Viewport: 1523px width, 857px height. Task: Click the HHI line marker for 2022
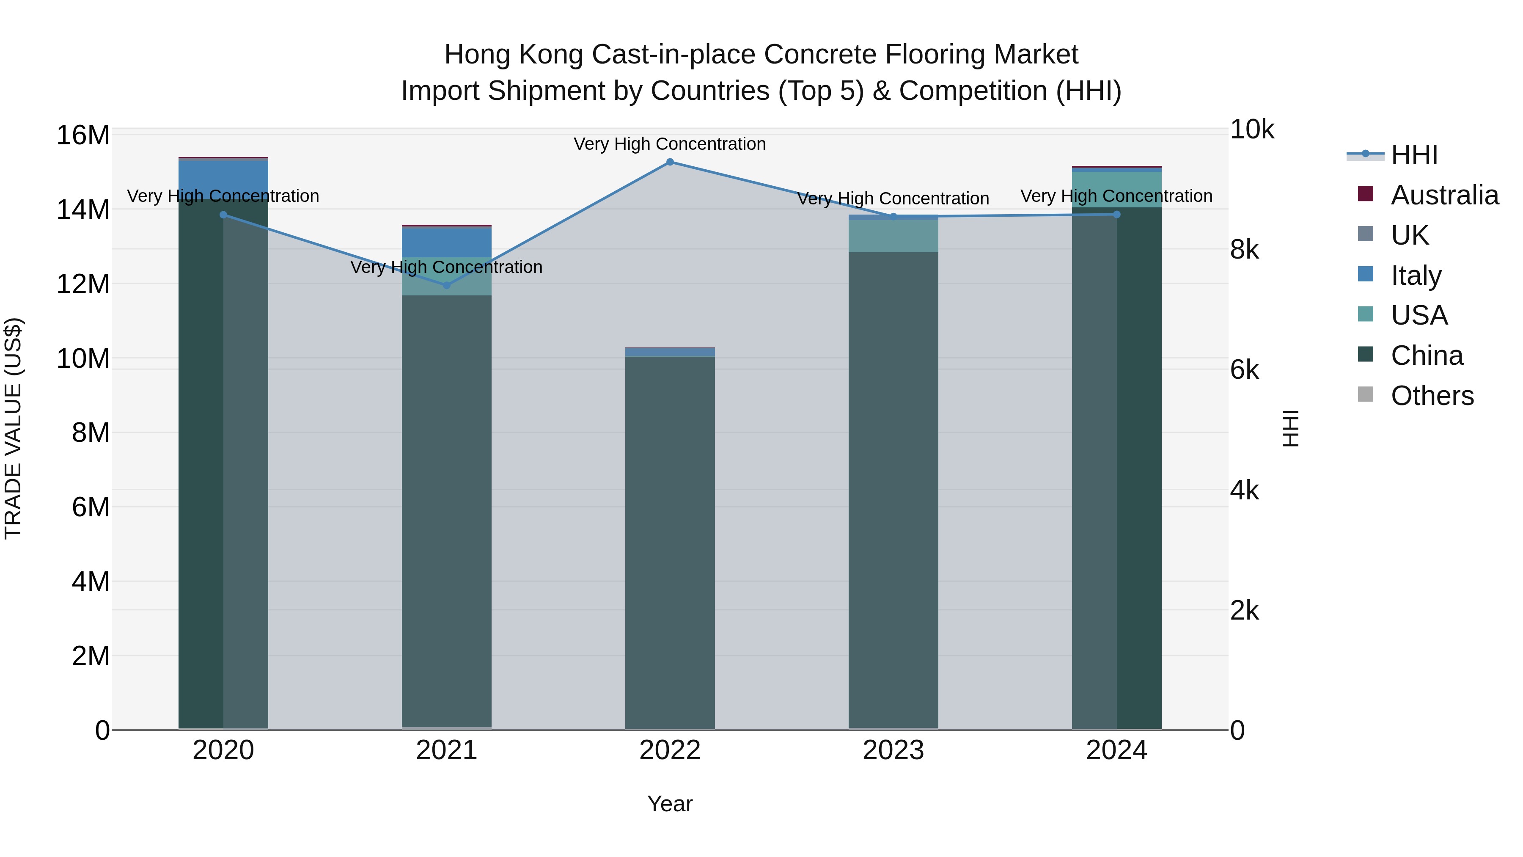[670, 162]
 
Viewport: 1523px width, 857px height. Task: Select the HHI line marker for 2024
[1116, 215]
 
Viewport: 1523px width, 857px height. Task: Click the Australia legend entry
[1444, 195]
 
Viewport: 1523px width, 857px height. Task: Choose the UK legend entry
[1410, 235]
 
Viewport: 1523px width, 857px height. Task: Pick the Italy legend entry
[1416, 276]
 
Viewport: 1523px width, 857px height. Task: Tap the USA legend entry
[1419, 315]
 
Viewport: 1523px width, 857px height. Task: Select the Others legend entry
[1432, 396]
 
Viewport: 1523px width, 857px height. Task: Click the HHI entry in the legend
[1413, 155]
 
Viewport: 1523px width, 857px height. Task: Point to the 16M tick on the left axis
[83, 135]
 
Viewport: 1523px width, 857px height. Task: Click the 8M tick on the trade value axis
[91, 433]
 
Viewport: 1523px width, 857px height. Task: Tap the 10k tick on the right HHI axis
[1252, 130]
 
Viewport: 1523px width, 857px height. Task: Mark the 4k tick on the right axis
[1245, 491]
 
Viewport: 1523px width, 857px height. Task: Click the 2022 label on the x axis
[670, 750]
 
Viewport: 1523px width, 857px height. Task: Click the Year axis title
[670, 804]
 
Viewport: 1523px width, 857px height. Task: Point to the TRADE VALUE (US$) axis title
[13, 428]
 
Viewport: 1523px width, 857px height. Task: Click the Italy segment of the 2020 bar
[223, 177]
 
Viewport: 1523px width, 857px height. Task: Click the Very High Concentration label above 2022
[670, 144]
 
